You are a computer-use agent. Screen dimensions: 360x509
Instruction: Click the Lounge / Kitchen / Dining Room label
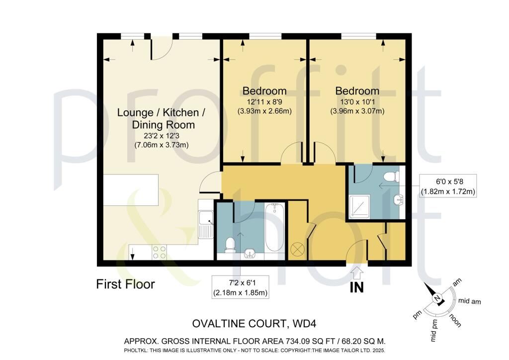[x=161, y=118]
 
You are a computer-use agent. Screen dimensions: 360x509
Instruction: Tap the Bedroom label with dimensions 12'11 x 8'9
[x=264, y=91]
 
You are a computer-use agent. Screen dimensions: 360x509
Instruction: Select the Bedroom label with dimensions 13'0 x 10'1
[x=357, y=91]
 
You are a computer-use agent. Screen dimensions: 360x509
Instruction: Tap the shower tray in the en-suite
[x=359, y=207]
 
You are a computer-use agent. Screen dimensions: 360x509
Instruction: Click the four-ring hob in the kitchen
[x=159, y=253]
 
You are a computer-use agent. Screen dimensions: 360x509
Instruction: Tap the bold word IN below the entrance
[x=357, y=287]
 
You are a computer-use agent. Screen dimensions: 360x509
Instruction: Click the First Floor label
[x=125, y=284]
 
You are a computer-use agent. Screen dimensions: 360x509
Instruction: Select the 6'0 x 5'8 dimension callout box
[x=448, y=185]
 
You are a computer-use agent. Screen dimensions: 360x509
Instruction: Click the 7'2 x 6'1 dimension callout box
[x=240, y=287]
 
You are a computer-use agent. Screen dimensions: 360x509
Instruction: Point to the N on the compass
[x=437, y=298]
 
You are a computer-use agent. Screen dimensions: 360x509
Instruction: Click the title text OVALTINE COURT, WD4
[x=254, y=324]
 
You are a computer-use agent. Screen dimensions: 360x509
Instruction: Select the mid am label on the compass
[x=469, y=301]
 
